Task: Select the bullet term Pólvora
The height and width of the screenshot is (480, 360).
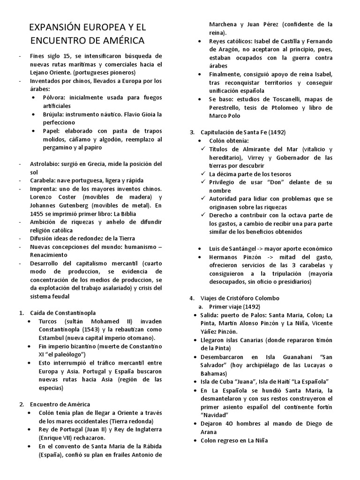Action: [55, 97]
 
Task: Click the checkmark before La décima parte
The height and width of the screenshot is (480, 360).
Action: [202, 174]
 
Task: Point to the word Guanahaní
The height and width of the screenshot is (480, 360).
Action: [292, 357]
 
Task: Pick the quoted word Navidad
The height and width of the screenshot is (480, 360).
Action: [214, 415]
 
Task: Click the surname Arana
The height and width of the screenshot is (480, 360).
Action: [210, 432]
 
